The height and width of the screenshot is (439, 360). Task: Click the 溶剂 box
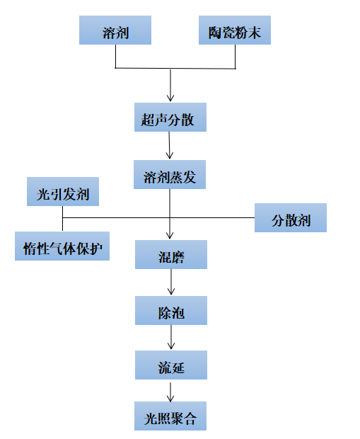coord(115,30)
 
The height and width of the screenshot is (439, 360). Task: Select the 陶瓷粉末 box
coord(235,30)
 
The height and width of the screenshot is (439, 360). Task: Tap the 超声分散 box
coord(170,117)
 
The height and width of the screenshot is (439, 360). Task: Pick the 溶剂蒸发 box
coord(170,174)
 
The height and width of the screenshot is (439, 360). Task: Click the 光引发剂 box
coord(63,191)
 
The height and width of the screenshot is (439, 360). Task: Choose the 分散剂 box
coord(291,218)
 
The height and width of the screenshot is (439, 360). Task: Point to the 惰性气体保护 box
coord(62,246)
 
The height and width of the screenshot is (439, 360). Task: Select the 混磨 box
coord(171,254)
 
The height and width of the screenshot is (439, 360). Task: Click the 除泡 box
coord(171,311)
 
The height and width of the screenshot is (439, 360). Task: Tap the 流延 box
coord(171,365)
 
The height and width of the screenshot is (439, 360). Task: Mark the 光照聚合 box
coord(170,416)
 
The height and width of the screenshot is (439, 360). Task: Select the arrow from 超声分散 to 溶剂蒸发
coord(169,145)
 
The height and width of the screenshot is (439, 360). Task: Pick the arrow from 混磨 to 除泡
coord(171,282)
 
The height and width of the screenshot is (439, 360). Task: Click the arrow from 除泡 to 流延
coord(171,337)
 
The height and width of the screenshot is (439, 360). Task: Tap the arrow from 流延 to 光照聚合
coord(170,392)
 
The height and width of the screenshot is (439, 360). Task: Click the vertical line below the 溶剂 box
coord(115,56)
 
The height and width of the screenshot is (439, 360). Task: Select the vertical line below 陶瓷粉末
coord(235,57)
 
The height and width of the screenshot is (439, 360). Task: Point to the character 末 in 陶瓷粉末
coord(255,33)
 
